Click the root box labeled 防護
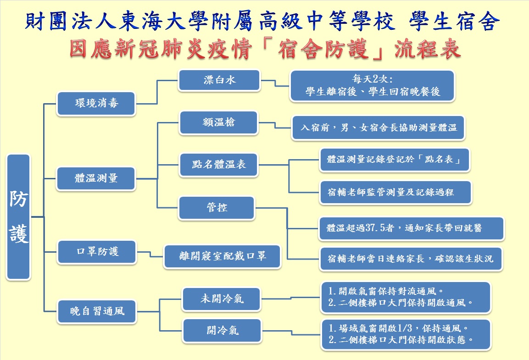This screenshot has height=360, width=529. [x=19, y=216]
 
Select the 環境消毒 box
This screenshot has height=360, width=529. [x=96, y=103]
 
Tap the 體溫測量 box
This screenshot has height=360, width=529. [x=96, y=178]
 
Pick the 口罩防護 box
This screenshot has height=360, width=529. [x=96, y=252]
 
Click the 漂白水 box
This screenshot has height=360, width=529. [x=219, y=80]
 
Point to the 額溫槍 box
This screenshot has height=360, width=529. [x=219, y=122]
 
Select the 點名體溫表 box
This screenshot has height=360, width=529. [x=219, y=164]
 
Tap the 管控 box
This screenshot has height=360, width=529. [x=217, y=208]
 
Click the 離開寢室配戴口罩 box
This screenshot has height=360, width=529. [x=223, y=256]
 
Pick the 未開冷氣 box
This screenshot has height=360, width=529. [x=222, y=299]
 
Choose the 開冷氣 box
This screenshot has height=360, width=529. [x=222, y=330]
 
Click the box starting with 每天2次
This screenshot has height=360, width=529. [x=372, y=86]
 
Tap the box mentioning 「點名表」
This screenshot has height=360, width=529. [x=394, y=160]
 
